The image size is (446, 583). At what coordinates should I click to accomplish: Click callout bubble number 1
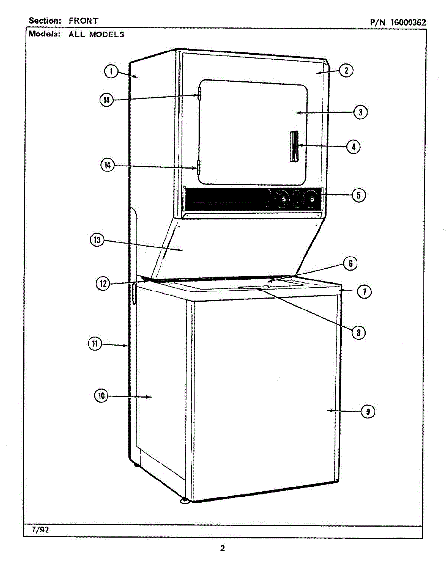coord(111,72)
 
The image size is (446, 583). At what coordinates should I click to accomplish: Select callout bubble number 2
coord(346,70)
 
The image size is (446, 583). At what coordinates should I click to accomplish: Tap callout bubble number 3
coord(359,112)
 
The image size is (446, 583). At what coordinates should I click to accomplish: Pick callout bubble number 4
coord(354,146)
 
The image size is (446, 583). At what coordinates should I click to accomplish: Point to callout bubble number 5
coord(358,195)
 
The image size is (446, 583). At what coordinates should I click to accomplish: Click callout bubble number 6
coord(350,264)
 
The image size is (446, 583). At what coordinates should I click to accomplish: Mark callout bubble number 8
coord(358,333)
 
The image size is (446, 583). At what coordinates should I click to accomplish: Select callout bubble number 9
coord(368,412)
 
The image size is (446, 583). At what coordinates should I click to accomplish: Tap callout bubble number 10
coord(101,396)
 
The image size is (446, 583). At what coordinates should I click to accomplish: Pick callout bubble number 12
coord(103,284)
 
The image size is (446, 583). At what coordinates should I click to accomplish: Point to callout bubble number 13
coord(97,240)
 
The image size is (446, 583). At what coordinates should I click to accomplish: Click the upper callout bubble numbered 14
coord(107,100)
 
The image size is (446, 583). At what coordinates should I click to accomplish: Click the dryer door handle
coord(294,146)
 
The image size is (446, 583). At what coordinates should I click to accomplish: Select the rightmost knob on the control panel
coord(309,199)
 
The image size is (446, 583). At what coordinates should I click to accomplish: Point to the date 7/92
coord(40,530)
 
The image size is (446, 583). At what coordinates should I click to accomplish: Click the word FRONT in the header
coord(83,21)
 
